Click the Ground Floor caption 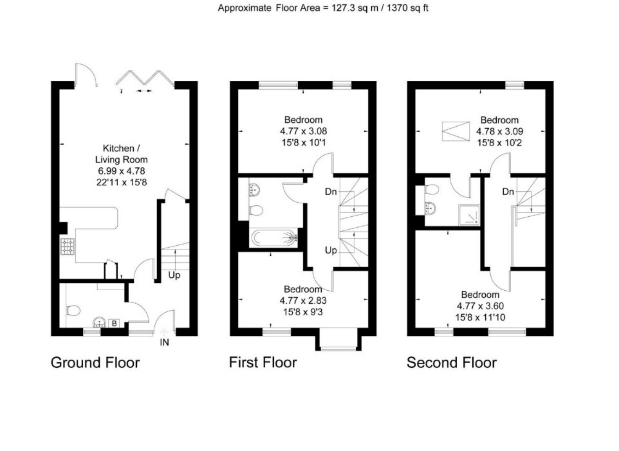tap(95, 363)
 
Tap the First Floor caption tap(263, 362)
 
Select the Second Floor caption tap(452, 363)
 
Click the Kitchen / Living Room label tap(121, 154)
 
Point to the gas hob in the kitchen tap(68, 246)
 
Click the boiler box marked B tap(114, 323)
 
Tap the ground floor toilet tap(73, 310)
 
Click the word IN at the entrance tap(165, 343)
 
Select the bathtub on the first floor tap(273, 237)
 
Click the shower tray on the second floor tap(469, 215)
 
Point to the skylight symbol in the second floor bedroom tap(456, 131)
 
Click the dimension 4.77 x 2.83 tap(303, 300)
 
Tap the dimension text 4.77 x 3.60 tap(480, 306)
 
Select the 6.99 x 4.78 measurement tap(121, 171)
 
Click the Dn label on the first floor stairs tap(331, 192)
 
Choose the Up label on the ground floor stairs tap(174, 276)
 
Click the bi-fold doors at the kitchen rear tap(145, 78)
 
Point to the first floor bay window tap(339, 340)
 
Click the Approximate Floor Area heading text tap(323, 8)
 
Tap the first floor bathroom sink tap(254, 190)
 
